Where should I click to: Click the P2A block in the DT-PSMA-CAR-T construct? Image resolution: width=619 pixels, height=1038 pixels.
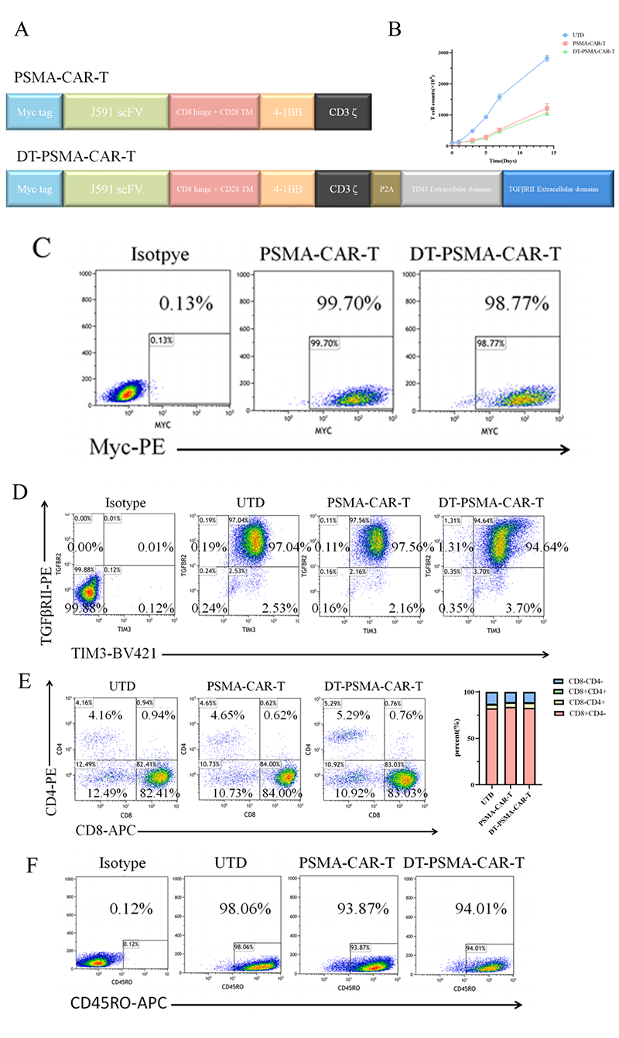(x=386, y=190)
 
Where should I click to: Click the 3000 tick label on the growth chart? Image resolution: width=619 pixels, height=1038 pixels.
(x=443, y=53)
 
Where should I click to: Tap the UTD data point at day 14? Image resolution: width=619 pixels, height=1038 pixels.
(x=547, y=58)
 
